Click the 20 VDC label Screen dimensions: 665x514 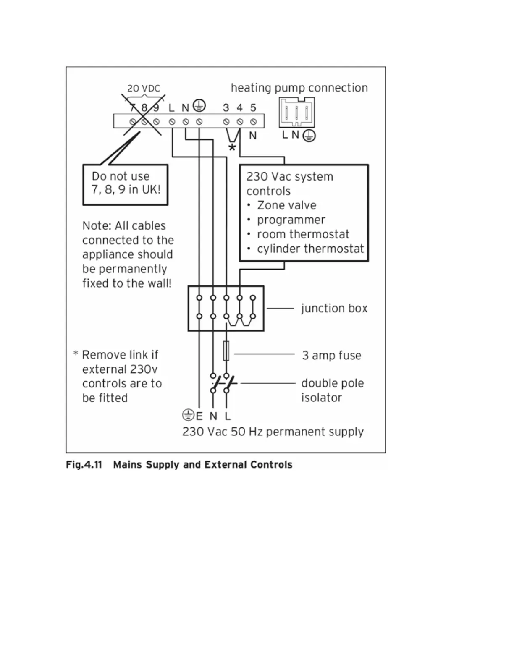[x=144, y=89]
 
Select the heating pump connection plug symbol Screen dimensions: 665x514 [x=296, y=113]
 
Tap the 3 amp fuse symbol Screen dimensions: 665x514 [x=226, y=351]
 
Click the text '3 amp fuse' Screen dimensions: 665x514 [x=331, y=356]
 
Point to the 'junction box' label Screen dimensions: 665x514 [x=334, y=309]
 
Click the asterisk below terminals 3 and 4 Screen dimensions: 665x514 [x=232, y=148]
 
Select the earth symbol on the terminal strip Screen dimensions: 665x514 [x=199, y=106]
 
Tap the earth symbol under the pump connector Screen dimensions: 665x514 [x=309, y=136]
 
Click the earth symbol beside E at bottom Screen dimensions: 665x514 [x=188, y=415]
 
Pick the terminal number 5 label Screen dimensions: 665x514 [x=253, y=108]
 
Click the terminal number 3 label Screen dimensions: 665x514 [x=226, y=108]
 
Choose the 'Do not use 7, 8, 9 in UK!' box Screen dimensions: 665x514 [x=126, y=184]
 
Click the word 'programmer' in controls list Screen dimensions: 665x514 [x=291, y=220]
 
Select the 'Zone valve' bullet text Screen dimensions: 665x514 [x=286, y=205]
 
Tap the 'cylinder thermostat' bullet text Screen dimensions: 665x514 [x=310, y=249]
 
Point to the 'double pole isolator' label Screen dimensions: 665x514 [x=332, y=390]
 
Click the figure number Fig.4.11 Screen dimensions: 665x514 [x=84, y=465]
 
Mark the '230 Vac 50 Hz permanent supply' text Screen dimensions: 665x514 [x=273, y=432]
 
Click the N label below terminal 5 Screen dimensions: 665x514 [x=253, y=136]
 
